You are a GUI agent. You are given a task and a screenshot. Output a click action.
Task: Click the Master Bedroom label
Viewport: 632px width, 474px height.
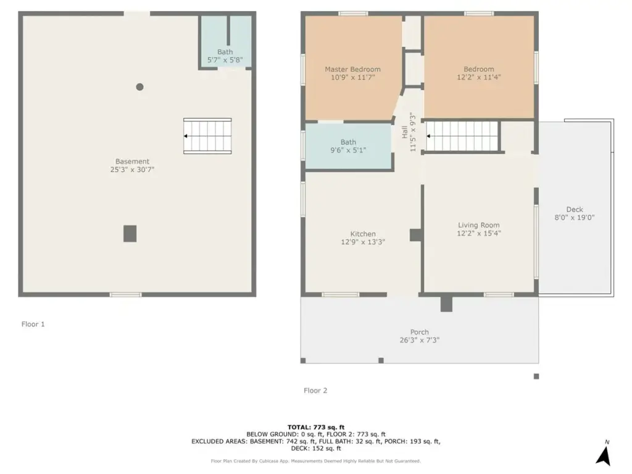(x=352, y=69)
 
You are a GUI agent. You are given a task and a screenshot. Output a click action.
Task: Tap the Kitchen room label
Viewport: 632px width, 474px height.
(x=363, y=234)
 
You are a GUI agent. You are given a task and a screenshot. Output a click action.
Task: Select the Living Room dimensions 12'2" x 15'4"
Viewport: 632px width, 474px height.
(x=479, y=233)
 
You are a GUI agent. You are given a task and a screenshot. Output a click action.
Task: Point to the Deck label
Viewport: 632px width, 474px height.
(x=575, y=209)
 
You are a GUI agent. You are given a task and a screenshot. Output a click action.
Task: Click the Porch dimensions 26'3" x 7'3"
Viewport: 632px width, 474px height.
(x=419, y=340)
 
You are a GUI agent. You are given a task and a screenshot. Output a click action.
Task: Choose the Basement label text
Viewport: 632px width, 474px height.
(x=132, y=161)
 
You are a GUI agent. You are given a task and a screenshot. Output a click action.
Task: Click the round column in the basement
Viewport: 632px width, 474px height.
(x=139, y=86)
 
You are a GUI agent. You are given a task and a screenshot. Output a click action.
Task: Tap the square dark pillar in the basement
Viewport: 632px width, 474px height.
(x=130, y=234)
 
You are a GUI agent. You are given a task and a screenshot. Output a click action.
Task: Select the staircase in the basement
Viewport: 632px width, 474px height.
(x=207, y=136)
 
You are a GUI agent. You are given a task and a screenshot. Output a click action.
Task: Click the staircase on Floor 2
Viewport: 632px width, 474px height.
(x=462, y=136)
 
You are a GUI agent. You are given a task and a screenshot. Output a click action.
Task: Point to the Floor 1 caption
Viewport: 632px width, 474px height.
(x=33, y=324)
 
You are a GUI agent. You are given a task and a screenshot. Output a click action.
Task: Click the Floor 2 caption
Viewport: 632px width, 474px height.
(x=315, y=391)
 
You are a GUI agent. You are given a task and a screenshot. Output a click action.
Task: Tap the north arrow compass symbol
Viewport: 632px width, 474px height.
(x=604, y=454)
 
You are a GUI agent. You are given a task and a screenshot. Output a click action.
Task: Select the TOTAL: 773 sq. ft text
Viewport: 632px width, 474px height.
(x=316, y=427)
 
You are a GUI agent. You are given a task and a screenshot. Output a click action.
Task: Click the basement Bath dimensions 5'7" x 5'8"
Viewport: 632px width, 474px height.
(x=225, y=60)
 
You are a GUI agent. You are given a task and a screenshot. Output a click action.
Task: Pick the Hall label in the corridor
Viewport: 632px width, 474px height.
(x=405, y=132)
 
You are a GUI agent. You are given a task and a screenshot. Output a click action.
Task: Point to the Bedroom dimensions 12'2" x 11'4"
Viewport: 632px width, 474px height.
(x=479, y=77)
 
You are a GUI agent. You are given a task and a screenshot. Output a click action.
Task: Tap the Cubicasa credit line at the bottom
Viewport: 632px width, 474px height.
(x=315, y=461)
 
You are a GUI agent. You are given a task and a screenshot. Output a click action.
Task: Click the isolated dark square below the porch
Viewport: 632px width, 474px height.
(x=536, y=376)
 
